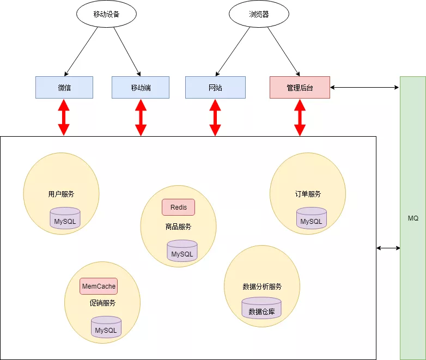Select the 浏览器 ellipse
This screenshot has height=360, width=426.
(x=259, y=15)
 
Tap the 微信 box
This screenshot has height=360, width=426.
(x=64, y=87)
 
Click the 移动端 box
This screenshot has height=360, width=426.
(x=141, y=87)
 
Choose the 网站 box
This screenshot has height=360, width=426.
(x=215, y=87)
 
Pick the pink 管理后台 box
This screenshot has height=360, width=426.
(x=300, y=87)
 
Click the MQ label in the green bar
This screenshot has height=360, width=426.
(x=413, y=218)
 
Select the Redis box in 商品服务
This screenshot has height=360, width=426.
(x=178, y=208)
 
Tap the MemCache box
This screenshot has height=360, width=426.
(x=99, y=286)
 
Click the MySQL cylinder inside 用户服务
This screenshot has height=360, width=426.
(x=65, y=219)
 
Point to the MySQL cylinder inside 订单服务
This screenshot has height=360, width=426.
(x=312, y=218)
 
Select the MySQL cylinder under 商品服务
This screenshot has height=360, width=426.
(x=182, y=251)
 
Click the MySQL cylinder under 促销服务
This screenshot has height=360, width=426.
(x=106, y=327)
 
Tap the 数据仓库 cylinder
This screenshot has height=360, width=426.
(x=261, y=309)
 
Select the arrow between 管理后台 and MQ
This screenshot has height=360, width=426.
(x=364, y=87)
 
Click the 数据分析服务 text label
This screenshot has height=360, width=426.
(x=262, y=286)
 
